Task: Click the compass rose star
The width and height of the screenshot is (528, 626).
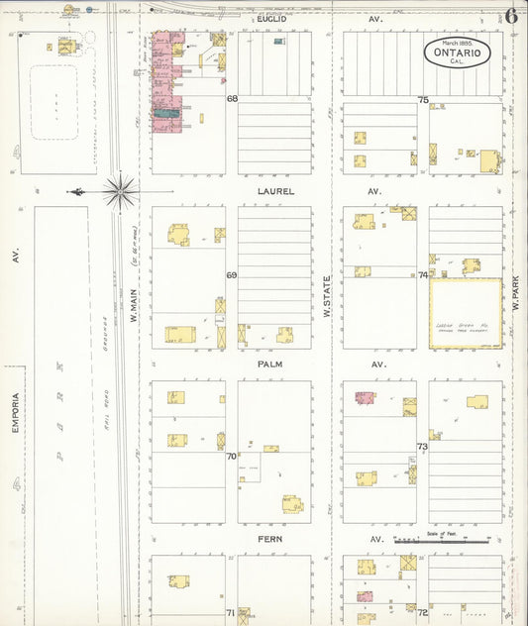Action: (120, 191)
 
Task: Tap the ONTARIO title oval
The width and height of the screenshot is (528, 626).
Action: (457, 52)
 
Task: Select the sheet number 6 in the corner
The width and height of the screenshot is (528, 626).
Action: (511, 16)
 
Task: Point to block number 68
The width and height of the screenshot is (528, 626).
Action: (232, 99)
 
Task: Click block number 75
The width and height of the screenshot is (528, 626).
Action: (423, 100)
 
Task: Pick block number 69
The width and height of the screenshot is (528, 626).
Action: (232, 275)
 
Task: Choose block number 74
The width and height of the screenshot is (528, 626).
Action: (423, 275)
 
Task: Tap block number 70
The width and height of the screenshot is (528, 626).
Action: (232, 457)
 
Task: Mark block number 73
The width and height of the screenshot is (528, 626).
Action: (422, 447)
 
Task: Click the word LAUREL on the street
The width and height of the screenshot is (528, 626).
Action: (276, 191)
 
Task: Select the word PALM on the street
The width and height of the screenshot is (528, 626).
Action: (270, 364)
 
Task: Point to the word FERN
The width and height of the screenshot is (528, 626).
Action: (270, 539)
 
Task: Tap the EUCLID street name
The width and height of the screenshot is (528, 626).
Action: (270, 19)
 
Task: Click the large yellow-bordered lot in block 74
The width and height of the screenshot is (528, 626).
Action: (465, 313)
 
